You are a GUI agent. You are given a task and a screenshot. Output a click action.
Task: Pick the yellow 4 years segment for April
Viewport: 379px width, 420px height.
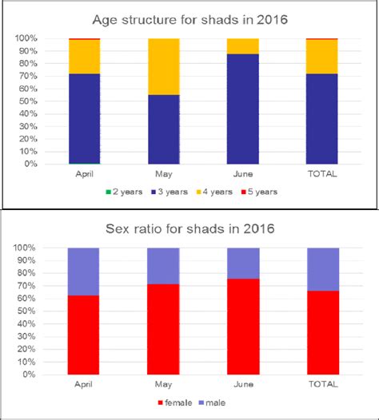pyautogui.click(x=84, y=56)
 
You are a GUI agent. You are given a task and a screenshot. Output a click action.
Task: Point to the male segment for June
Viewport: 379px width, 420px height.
pyautogui.click(x=243, y=263)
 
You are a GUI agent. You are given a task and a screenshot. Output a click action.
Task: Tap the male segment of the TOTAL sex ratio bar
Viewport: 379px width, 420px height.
pyautogui.click(x=322, y=269)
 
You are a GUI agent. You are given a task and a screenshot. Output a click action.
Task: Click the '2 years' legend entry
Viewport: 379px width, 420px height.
pyautogui.click(x=125, y=192)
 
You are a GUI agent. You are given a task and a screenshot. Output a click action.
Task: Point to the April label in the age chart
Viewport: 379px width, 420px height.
pyautogui.click(x=84, y=173)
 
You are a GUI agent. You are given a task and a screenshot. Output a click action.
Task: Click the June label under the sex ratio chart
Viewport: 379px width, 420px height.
pyautogui.click(x=243, y=383)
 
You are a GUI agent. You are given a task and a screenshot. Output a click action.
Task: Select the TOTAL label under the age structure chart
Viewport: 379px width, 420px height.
pyautogui.click(x=322, y=173)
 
